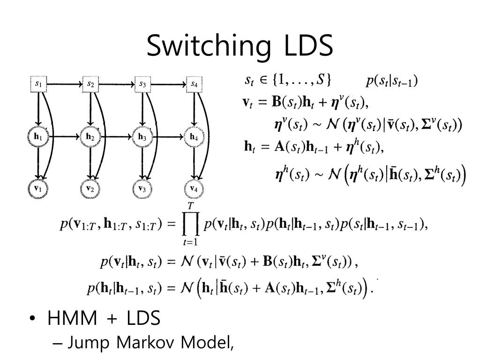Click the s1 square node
(39, 84)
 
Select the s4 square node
(194, 84)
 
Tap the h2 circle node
(90, 137)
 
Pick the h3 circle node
(142, 137)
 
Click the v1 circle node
(39, 188)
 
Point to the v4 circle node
(194, 188)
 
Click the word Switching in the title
(209, 46)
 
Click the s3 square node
(142, 84)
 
